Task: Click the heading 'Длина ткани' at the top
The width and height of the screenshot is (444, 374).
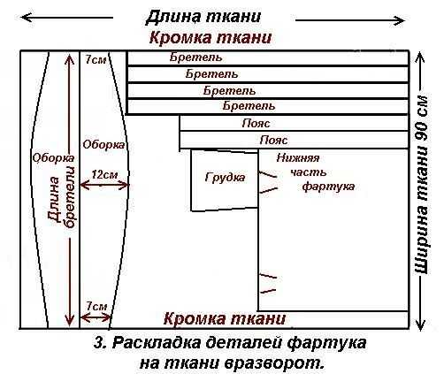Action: [x=203, y=17]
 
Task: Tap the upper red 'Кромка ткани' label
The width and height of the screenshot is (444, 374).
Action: [x=210, y=38]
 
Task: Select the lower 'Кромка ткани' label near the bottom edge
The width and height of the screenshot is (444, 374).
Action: [x=225, y=318]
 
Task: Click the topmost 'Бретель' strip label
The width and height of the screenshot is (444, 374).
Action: [x=195, y=57]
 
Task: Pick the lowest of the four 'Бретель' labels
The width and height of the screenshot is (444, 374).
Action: [x=249, y=105]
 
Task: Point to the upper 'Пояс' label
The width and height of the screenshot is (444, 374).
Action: [x=256, y=123]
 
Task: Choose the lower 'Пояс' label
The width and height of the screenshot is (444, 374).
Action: [x=273, y=140]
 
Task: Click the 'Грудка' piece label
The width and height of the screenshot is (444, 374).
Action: [x=225, y=178]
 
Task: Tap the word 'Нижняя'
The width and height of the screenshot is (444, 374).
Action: [x=298, y=158]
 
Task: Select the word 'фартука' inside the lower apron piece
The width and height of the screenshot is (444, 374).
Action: [x=328, y=187]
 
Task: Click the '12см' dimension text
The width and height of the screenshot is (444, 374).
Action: [x=104, y=175]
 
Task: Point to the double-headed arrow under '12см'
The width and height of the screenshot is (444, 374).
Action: [x=104, y=186]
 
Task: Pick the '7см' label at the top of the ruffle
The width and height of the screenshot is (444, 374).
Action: [x=96, y=60]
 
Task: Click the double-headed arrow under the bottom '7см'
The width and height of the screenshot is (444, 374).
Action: [x=96, y=317]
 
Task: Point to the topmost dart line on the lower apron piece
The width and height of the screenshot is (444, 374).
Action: [x=268, y=174]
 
